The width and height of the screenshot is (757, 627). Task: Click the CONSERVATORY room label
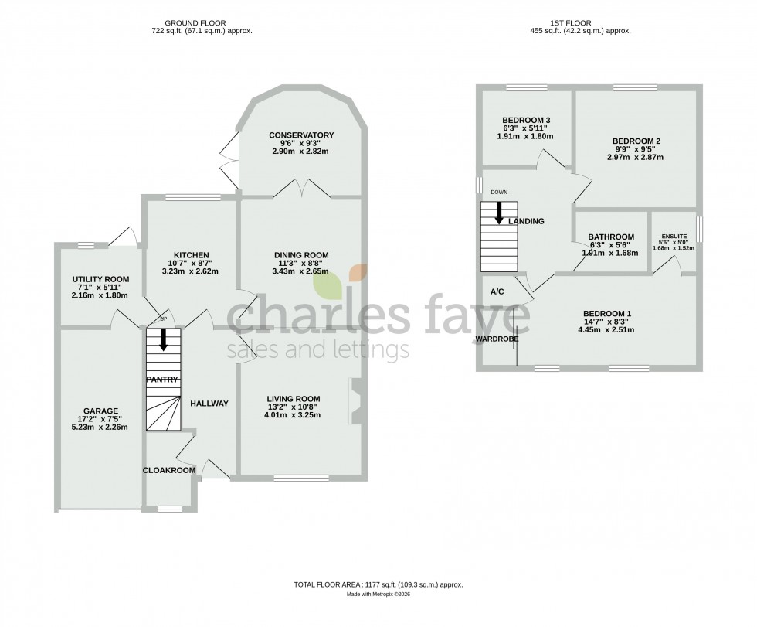click(x=301, y=135)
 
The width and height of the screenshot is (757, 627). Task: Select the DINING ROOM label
click(x=301, y=255)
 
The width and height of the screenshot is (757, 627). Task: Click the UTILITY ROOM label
click(x=100, y=279)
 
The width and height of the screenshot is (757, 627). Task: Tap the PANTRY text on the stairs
click(x=162, y=380)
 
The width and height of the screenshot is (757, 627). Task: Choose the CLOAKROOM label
click(x=168, y=469)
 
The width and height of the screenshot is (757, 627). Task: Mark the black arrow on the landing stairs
click(x=499, y=212)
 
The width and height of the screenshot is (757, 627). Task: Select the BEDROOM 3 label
click(x=526, y=120)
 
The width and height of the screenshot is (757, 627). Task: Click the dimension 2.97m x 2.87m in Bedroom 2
click(x=635, y=157)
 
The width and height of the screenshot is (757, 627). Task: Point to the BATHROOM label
click(x=611, y=237)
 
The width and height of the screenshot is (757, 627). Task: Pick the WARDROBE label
click(x=497, y=339)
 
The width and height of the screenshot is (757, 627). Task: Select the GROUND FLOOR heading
click(x=202, y=23)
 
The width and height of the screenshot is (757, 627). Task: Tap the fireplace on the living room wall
click(x=356, y=400)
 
